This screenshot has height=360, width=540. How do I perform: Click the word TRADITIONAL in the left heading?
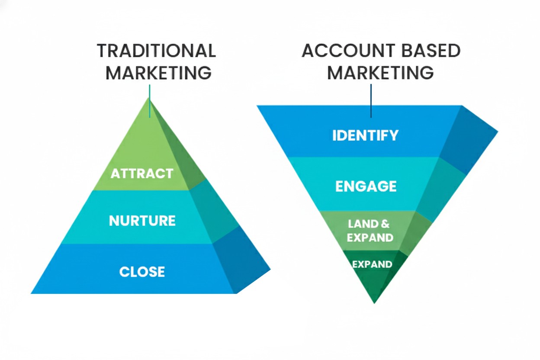coord(156,51)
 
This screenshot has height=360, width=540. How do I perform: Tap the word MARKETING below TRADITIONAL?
coord(158,73)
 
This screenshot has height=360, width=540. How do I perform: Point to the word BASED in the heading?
coord(428,51)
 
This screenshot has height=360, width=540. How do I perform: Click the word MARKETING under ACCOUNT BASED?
coord(380,73)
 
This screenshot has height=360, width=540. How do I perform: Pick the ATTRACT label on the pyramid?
coord(142,174)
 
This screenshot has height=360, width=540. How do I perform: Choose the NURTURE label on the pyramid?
coord(142,221)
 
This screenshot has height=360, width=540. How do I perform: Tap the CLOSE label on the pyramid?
coord(142,272)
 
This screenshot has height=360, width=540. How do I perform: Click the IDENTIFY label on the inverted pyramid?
coord(366,135)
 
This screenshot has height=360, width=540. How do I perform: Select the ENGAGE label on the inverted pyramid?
coord(366,186)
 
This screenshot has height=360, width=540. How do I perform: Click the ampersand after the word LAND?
coord(385,224)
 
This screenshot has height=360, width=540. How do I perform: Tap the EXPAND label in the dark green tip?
coord(372,264)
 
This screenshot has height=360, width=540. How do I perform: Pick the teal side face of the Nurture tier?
coord(212,212)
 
